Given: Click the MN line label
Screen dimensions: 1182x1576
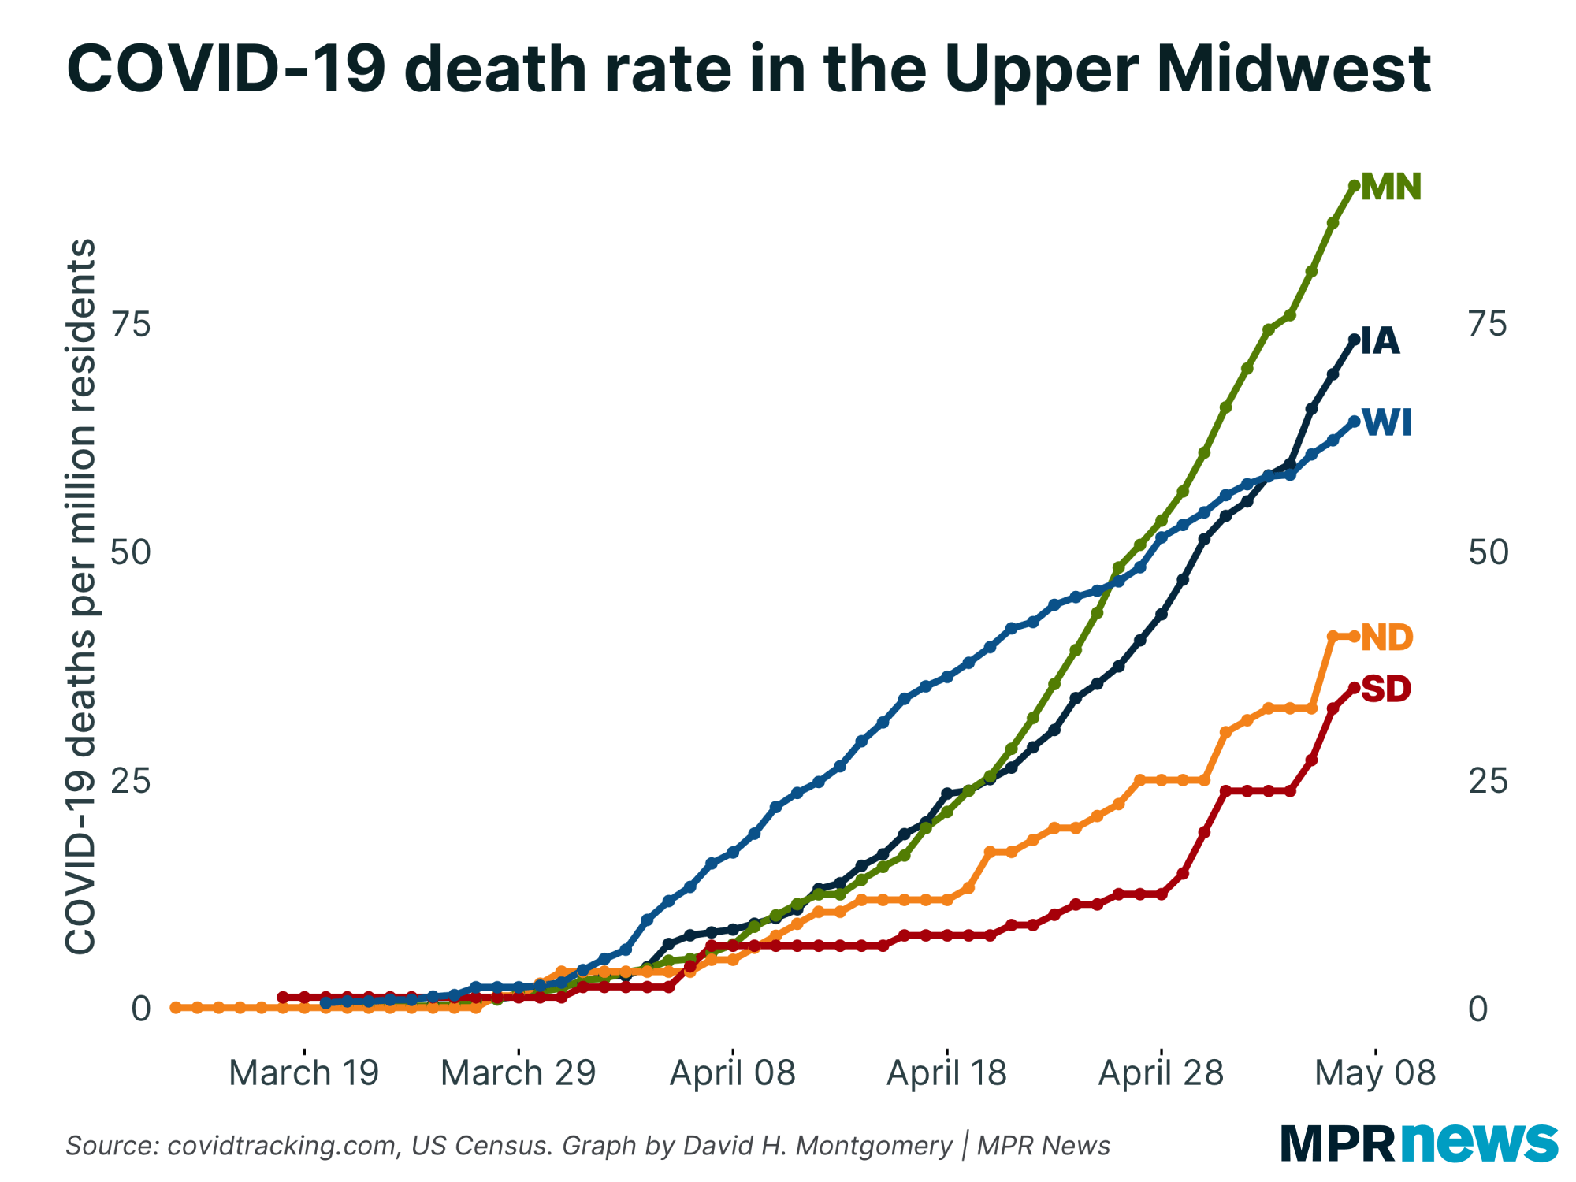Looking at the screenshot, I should coord(1391,187).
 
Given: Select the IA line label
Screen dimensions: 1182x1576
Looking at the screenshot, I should coord(1380,340).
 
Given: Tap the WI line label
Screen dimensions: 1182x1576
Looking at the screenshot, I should coord(1387,423).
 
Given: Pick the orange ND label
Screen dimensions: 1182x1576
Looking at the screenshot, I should coord(1387,637).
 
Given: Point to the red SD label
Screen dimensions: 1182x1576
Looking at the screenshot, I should coord(1385,689).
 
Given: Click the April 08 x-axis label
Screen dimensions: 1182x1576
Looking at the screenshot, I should coord(733,1073).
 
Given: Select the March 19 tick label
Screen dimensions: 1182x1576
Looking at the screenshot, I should coord(304,1073).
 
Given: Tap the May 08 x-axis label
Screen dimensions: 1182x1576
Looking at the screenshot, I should coord(1376,1073).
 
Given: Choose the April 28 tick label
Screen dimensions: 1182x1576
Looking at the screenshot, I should coord(1161,1073).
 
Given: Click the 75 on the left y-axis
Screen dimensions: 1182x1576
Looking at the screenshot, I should coord(130,324).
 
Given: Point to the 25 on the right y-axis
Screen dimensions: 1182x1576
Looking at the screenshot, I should coord(1488,781).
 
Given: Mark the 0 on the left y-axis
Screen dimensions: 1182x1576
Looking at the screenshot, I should coord(140,1009).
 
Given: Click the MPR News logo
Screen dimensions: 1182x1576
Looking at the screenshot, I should coord(1418,1142).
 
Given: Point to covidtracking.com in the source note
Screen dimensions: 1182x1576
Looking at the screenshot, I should coord(282,1146).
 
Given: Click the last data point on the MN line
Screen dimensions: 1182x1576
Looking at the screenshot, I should coord(1355,186).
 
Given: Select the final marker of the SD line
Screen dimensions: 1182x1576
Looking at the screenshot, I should coord(1355,688).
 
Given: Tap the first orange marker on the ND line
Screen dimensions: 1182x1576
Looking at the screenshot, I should coord(176,1008).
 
